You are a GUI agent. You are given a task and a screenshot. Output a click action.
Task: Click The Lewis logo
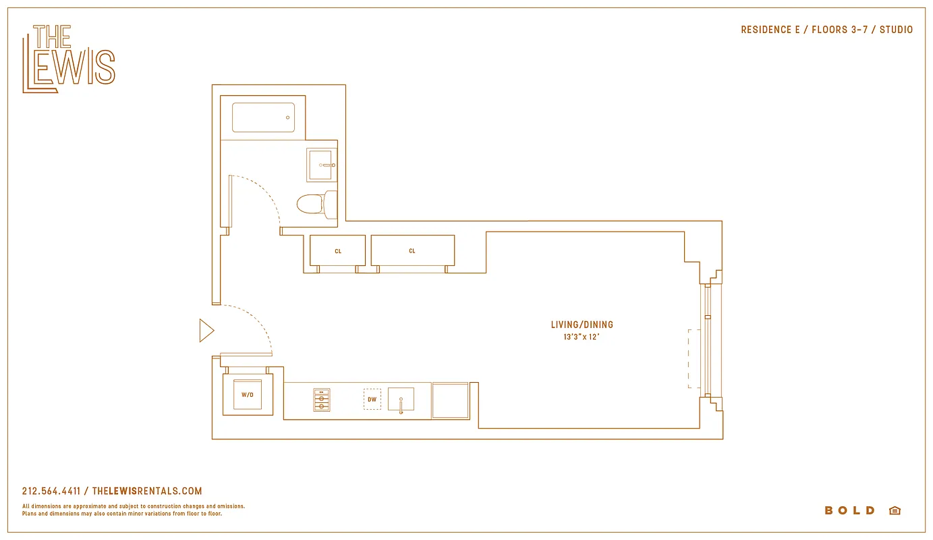tap(69, 59)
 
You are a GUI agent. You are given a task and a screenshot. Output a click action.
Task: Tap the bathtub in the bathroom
tap(263, 117)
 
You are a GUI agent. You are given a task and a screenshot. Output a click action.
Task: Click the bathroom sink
tap(321, 165)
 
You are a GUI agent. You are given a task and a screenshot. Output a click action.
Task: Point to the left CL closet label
tap(338, 251)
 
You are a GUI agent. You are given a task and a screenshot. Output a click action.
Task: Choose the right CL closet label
tap(412, 251)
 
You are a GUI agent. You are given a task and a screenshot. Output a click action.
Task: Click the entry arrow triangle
tap(206, 331)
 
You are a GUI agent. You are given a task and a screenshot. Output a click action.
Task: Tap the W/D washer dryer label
tap(248, 395)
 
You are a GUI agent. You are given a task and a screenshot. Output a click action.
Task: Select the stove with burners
tap(322, 400)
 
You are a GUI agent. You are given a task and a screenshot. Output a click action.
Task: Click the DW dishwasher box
tap(372, 399)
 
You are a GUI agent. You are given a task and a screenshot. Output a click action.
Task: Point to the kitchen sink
tap(401, 400)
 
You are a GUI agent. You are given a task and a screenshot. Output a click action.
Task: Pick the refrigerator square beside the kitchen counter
tap(450, 400)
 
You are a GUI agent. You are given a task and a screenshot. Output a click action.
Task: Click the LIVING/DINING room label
tap(582, 325)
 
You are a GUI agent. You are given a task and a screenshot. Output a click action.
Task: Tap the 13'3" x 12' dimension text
tap(582, 336)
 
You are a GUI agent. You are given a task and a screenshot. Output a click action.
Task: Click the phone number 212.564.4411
tap(51, 491)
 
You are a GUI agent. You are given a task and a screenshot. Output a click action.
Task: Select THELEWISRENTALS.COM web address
tap(146, 491)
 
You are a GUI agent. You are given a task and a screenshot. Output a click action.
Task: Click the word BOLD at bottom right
tap(849, 510)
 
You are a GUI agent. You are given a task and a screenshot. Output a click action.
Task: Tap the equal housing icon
tap(895, 510)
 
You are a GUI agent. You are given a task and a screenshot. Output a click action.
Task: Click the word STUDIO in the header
tap(896, 30)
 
